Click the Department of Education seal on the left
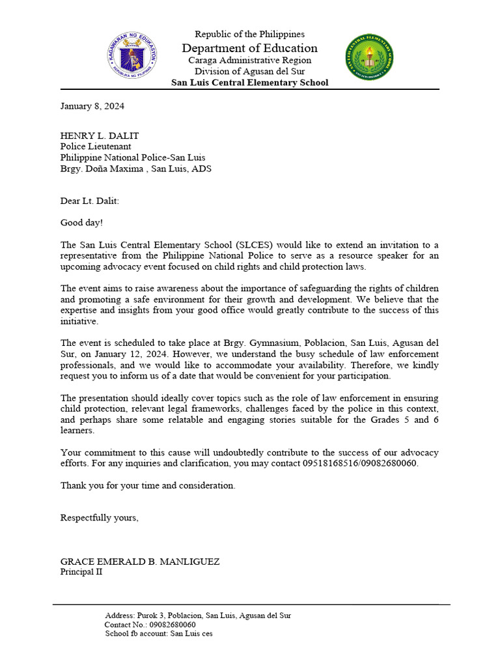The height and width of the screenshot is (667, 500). point(132,57)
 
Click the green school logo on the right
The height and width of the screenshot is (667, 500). point(368,57)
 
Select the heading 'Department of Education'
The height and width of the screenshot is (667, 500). point(249,48)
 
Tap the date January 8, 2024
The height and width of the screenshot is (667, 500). point(92,106)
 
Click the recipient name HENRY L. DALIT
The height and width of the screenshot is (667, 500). point(100,135)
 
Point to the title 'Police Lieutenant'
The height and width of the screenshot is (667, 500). point(96,147)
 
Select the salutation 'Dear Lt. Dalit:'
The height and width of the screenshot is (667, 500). point(90,201)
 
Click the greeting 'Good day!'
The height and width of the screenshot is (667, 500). point(81,223)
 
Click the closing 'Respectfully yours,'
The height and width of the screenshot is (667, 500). point(100,518)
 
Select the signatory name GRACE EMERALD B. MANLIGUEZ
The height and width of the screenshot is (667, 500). point(140,561)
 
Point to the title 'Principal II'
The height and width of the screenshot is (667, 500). point(81,572)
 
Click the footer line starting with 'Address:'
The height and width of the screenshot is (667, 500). point(198,615)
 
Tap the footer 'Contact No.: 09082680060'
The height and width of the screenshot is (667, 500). point(150,624)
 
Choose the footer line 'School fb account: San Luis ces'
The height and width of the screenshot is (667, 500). point(158,633)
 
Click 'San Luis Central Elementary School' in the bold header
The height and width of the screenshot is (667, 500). point(249,83)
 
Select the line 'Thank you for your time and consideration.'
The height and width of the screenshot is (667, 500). point(148,485)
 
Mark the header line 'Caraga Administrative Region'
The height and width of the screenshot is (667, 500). point(249,60)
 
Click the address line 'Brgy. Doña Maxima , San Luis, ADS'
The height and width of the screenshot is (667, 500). point(135,169)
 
